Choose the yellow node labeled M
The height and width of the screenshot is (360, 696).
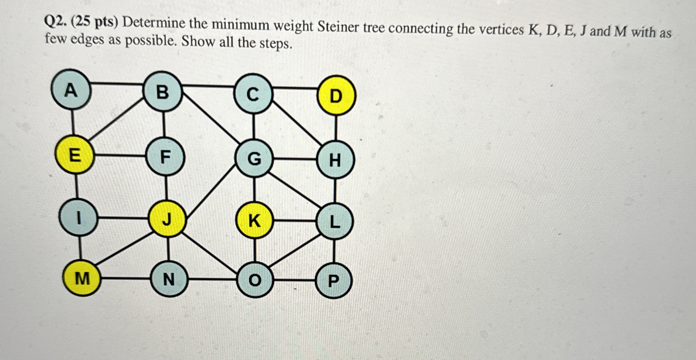pos(82,279)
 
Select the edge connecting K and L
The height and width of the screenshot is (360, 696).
pos(295,221)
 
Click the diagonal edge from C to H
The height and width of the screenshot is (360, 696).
pos(296,121)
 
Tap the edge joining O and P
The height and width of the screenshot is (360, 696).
pos(294,280)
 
